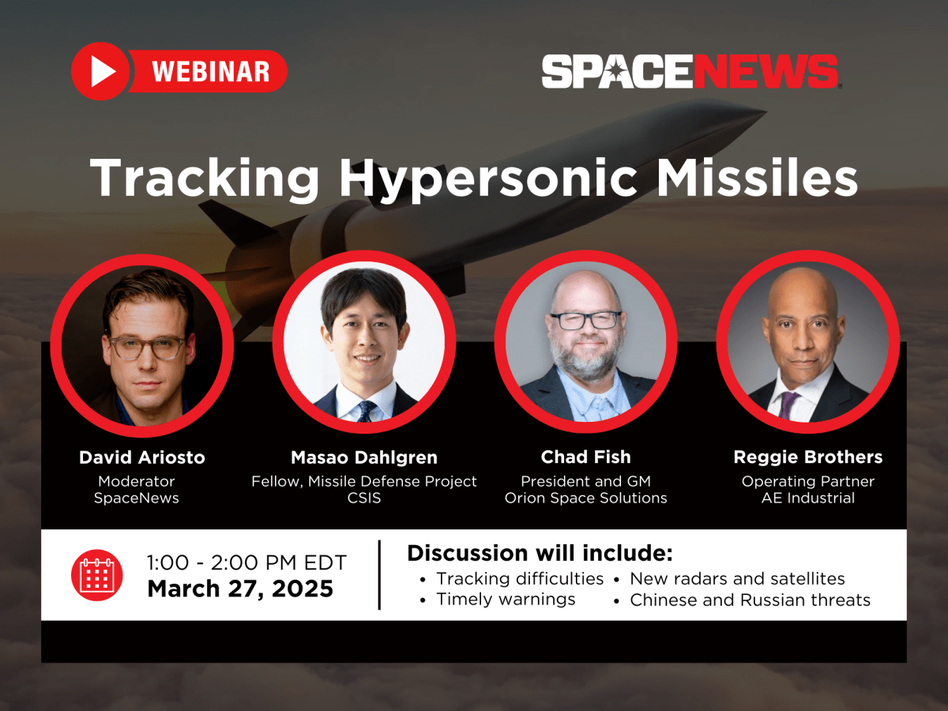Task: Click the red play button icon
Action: click(x=100, y=71)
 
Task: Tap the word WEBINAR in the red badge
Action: click(x=210, y=72)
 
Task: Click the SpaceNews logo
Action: click(x=690, y=71)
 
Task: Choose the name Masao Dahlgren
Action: click(x=364, y=457)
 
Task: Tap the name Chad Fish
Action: click(x=586, y=457)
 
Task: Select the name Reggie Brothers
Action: click(x=808, y=457)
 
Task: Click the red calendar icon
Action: click(x=96, y=574)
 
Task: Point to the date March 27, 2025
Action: click(x=240, y=589)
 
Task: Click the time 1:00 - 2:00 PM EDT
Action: click(x=246, y=563)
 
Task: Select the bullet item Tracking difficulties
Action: click(x=520, y=579)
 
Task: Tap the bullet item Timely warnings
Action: click(x=506, y=600)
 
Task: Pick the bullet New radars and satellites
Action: click(x=737, y=579)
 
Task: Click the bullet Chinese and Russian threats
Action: click(x=750, y=600)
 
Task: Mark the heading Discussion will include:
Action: click(x=540, y=553)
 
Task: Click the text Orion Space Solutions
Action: click(x=586, y=498)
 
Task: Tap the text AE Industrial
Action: click(x=808, y=498)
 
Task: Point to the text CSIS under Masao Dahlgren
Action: click(x=364, y=498)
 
